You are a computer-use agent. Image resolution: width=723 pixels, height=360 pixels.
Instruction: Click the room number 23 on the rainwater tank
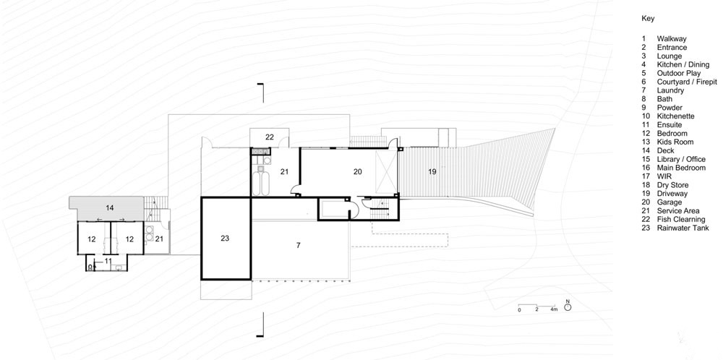[x=225, y=239]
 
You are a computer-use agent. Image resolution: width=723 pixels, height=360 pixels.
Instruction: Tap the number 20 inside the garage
[x=357, y=171]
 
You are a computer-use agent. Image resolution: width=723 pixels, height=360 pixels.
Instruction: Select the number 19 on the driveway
[x=432, y=171]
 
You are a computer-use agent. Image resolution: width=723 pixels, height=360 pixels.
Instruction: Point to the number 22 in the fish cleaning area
[x=270, y=137]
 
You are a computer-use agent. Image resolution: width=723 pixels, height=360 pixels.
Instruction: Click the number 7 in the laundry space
[x=299, y=245]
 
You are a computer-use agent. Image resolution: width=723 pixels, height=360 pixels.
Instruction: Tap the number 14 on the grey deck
[x=109, y=208]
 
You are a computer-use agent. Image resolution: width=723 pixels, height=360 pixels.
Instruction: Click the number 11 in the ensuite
[x=108, y=261]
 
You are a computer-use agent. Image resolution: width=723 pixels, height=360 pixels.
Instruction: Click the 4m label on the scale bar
[x=554, y=309]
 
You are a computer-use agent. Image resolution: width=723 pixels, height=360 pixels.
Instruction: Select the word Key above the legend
[x=648, y=19]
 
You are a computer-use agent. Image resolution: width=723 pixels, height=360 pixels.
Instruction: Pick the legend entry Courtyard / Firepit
[x=687, y=82]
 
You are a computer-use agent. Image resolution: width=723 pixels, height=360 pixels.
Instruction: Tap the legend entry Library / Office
[x=681, y=159]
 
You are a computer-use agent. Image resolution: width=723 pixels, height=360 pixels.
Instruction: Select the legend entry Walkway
[x=672, y=39]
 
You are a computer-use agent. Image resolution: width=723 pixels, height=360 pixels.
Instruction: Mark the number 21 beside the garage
[x=284, y=171]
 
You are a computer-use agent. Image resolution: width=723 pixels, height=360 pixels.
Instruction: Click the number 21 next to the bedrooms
[x=159, y=239]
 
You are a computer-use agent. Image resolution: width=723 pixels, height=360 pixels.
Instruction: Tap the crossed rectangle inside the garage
[x=386, y=171]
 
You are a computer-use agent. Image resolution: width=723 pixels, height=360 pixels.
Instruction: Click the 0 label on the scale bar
[x=519, y=309]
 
